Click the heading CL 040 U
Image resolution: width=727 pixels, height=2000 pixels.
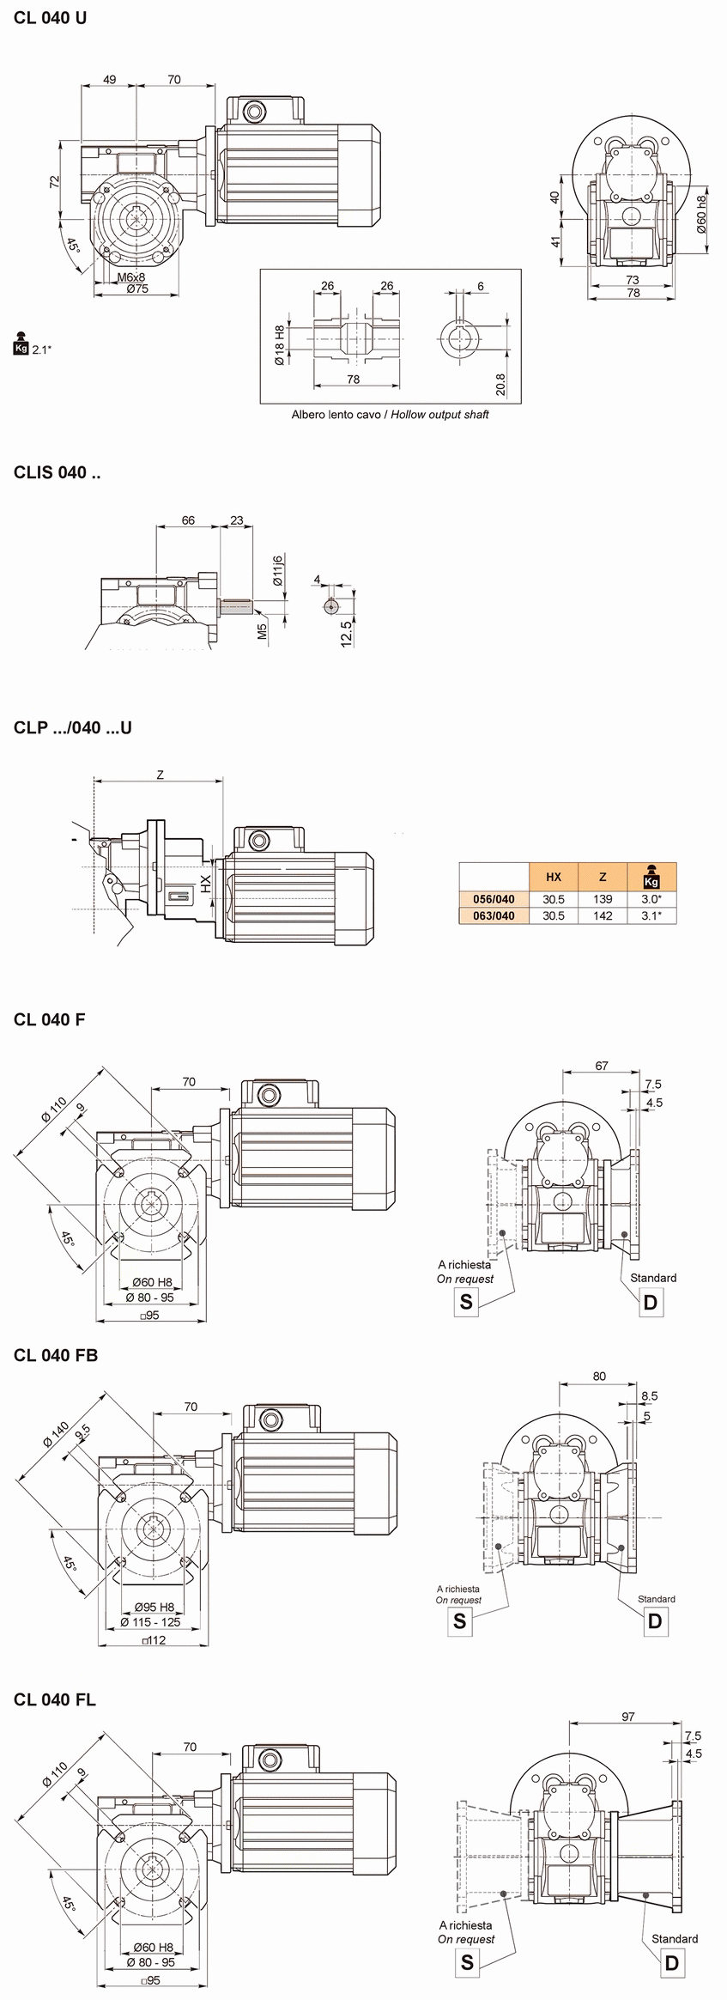tap(51, 18)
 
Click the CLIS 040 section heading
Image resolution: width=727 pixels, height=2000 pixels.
tap(57, 472)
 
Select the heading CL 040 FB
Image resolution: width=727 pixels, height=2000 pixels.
tap(56, 1354)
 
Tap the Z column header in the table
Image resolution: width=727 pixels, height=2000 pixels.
tap(603, 877)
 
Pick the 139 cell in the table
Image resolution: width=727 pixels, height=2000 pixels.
tap(603, 899)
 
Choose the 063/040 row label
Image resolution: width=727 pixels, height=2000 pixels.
tap(494, 915)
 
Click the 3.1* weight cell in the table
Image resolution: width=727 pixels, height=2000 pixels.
tap(651, 915)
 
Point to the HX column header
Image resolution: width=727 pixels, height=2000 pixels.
tap(554, 877)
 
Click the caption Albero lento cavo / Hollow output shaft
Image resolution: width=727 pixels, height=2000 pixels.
tap(391, 415)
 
